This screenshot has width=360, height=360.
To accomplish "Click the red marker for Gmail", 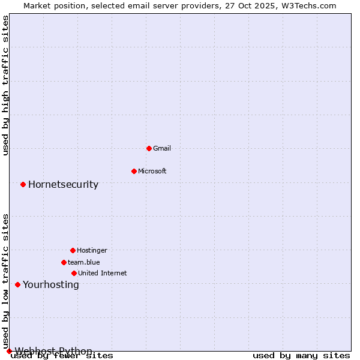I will (149, 148).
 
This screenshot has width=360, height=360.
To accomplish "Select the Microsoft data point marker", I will (134, 171).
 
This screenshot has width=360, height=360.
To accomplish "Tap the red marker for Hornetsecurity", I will (23, 184).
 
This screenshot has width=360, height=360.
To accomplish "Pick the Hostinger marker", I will (73, 250).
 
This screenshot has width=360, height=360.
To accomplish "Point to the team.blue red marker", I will (64, 262).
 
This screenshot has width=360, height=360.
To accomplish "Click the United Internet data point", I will (74, 273).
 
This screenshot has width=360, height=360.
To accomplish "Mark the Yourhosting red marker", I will (17, 284).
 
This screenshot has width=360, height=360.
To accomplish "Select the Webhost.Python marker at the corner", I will (9, 351).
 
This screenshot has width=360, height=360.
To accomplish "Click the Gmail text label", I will (162, 148).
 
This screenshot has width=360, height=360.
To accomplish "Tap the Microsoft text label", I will (152, 171).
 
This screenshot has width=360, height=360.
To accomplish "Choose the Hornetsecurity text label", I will (63, 184).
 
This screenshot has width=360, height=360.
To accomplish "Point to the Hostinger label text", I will (92, 250).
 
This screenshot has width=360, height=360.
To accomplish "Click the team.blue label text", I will (84, 262).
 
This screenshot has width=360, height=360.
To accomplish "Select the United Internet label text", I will (103, 273).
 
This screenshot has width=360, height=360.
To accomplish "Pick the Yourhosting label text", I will (50, 284).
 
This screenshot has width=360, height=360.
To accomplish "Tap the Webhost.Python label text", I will (53, 351).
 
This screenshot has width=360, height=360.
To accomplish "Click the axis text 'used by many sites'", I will (301, 356).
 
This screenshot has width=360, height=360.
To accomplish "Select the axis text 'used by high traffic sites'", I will (6, 86).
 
